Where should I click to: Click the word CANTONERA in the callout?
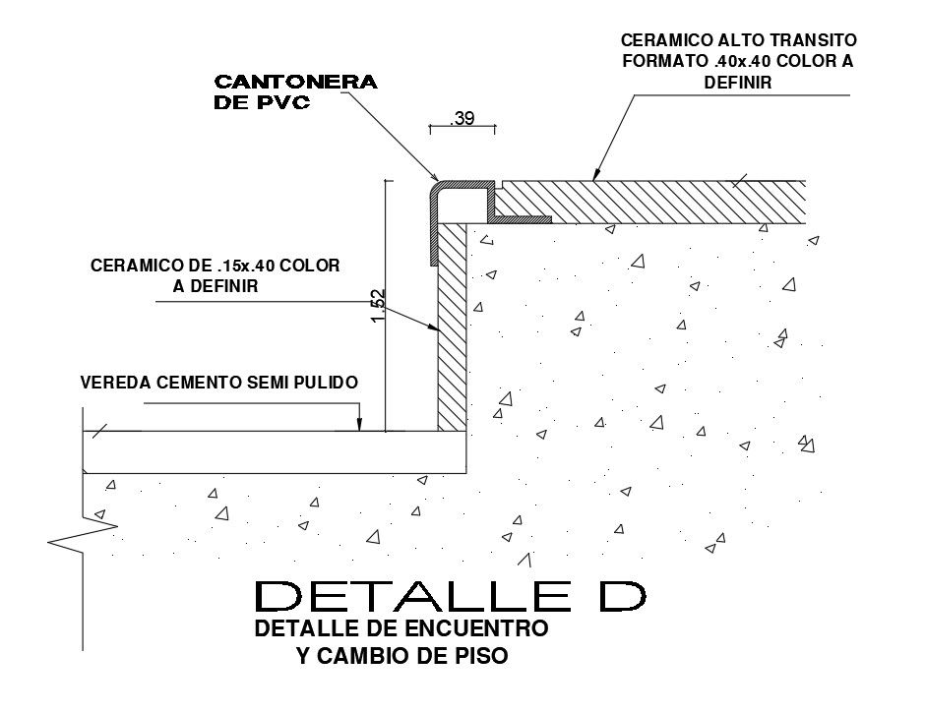pyautogui.click(x=295, y=83)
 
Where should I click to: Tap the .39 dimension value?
pyautogui.click(x=462, y=119)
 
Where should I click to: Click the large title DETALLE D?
pyautogui.click(x=452, y=596)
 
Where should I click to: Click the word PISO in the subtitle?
pyautogui.click(x=481, y=656)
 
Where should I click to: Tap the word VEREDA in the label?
pyautogui.click(x=111, y=383)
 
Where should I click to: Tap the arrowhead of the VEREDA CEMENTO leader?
pyautogui.click(x=360, y=426)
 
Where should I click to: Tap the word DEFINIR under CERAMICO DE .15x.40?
pyautogui.click(x=216, y=287)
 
